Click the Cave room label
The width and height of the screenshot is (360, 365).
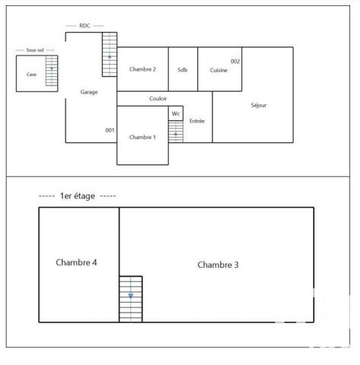point(31,75)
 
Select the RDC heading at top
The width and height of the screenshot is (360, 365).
point(84,26)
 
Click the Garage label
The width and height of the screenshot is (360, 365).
point(89,92)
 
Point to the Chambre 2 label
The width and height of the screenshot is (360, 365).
point(142,69)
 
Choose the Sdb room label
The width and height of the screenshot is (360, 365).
point(183,69)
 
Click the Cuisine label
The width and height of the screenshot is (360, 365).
point(219,70)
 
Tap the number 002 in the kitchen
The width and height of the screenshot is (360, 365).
point(235,61)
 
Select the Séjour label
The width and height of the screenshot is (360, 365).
point(259,106)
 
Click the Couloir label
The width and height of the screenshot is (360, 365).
point(158,99)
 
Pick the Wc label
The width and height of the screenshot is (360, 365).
point(176,114)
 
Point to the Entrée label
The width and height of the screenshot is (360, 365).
point(197,121)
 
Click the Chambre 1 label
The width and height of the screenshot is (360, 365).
point(142,137)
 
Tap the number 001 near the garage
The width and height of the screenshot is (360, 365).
point(110,130)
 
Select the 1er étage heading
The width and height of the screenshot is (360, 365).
point(77,196)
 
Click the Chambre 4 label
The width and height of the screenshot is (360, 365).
point(76,262)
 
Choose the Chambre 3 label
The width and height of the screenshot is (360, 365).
point(218,265)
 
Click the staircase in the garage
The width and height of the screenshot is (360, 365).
point(110,54)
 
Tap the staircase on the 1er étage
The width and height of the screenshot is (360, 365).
point(130,298)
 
